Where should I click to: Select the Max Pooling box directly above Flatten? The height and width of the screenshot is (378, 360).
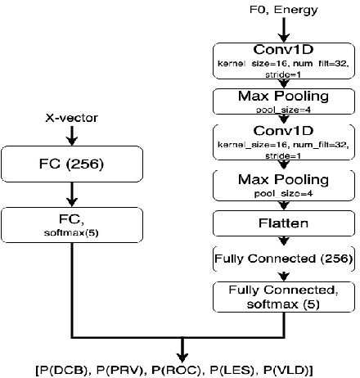click(x=283, y=184)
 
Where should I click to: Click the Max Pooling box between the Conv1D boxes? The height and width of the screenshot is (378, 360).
click(x=283, y=99)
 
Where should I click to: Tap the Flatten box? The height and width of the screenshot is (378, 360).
click(x=283, y=223)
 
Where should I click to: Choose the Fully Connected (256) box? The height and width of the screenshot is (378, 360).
click(x=283, y=259)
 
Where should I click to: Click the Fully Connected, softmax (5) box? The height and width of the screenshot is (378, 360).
click(x=283, y=296)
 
